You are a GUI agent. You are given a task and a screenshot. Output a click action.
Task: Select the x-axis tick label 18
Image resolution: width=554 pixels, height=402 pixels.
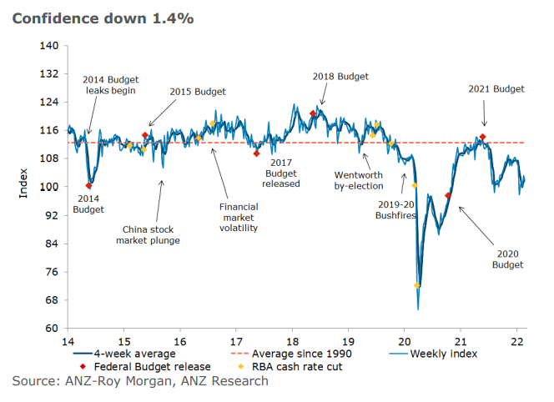[292, 341]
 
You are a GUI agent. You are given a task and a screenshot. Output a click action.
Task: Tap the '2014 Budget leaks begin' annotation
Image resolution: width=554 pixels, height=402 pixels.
[108, 84]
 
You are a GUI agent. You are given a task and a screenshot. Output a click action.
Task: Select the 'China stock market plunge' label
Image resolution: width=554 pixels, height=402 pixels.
[151, 234]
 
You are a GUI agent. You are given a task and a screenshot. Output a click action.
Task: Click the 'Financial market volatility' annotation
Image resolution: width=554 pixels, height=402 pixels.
[239, 217]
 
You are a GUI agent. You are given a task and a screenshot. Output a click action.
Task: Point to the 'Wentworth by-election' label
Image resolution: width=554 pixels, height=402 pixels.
[358, 181]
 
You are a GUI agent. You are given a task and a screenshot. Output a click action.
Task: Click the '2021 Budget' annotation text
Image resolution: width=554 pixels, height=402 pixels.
[496, 88]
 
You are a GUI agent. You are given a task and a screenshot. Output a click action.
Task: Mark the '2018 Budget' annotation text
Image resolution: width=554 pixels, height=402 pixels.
[340, 76]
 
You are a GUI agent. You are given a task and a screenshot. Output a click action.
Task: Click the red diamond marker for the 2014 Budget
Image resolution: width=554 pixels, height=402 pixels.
[88, 186]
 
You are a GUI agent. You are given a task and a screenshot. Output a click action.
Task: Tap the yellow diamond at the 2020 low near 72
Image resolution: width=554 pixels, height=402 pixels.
[416, 285]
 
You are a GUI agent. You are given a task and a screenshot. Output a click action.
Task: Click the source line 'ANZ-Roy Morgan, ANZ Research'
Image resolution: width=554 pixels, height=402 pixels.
[140, 381]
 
